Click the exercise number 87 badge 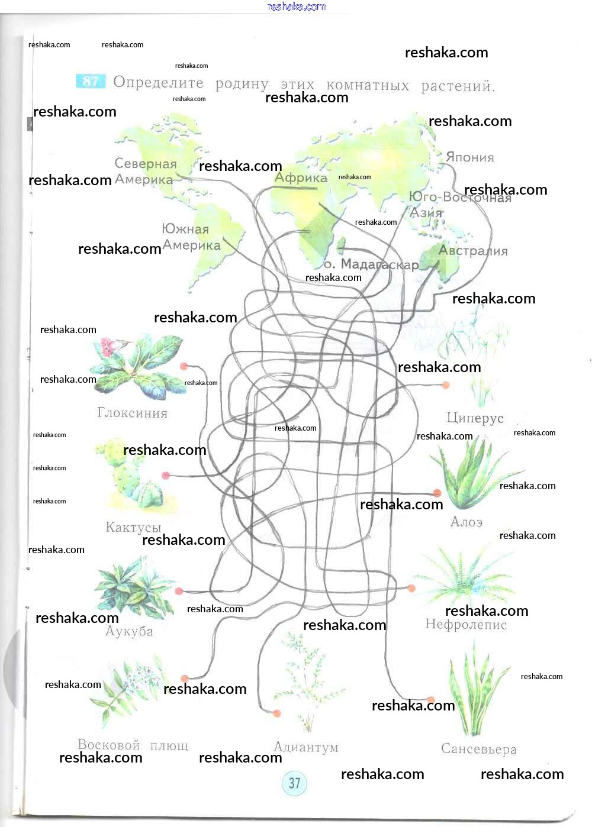[x=91, y=81]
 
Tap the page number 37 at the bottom [x=294, y=783]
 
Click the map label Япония [x=469, y=157]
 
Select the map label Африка [x=301, y=177]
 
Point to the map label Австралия [x=473, y=251]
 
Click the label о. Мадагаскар [x=371, y=264]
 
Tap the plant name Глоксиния [x=132, y=413]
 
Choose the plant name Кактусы [x=133, y=527]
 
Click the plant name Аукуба [x=129, y=632]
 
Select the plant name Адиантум [x=306, y=747]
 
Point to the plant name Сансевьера [x=478, y=749]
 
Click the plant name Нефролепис [x=466, y=625]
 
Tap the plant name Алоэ [x=466, y=522]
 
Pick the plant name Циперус [x=475, y=418]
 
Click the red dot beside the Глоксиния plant [x=184, y=367]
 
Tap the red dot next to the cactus [x=166, y=475]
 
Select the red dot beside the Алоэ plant [x=437, y=493]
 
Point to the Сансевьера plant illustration [x=477, y=692]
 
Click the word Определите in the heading [x=158, y=82]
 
